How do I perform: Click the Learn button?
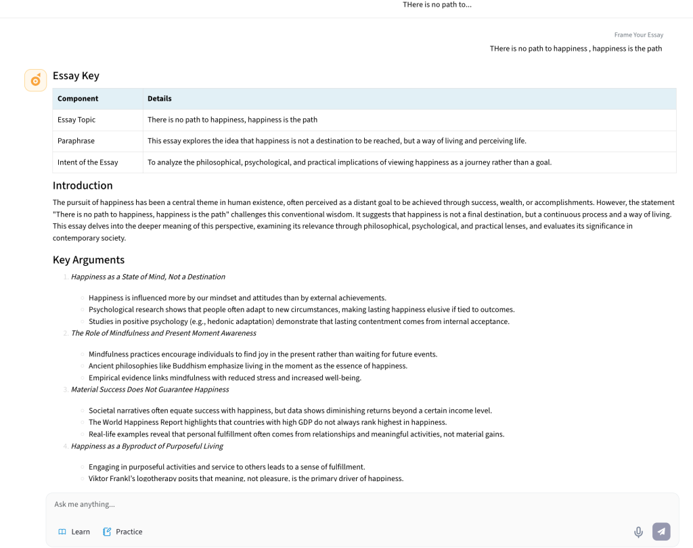[x=74, y=532]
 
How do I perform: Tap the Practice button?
[x=122, y=532]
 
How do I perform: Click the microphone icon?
[x=638, y=532]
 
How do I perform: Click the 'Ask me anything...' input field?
[x=338, y=504]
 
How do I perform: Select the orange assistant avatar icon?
[x=35, y=80]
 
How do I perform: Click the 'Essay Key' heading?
[x=76, y=76]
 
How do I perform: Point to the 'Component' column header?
[x=78, y=99]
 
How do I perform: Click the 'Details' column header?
[x=160, y=99]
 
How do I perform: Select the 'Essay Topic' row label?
[x=76, y=120]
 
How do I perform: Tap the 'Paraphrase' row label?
[x=76, y=141]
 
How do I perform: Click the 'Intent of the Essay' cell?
[x=88, y=162]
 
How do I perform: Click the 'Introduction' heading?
[x=83, y=185]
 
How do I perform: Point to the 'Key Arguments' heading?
[x=89, y=260]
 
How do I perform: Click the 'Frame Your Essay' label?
[x=638, y=35]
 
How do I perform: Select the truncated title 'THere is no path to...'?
[x=437, y=5]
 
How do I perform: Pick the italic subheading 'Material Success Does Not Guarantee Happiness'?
[x=150, y=390]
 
